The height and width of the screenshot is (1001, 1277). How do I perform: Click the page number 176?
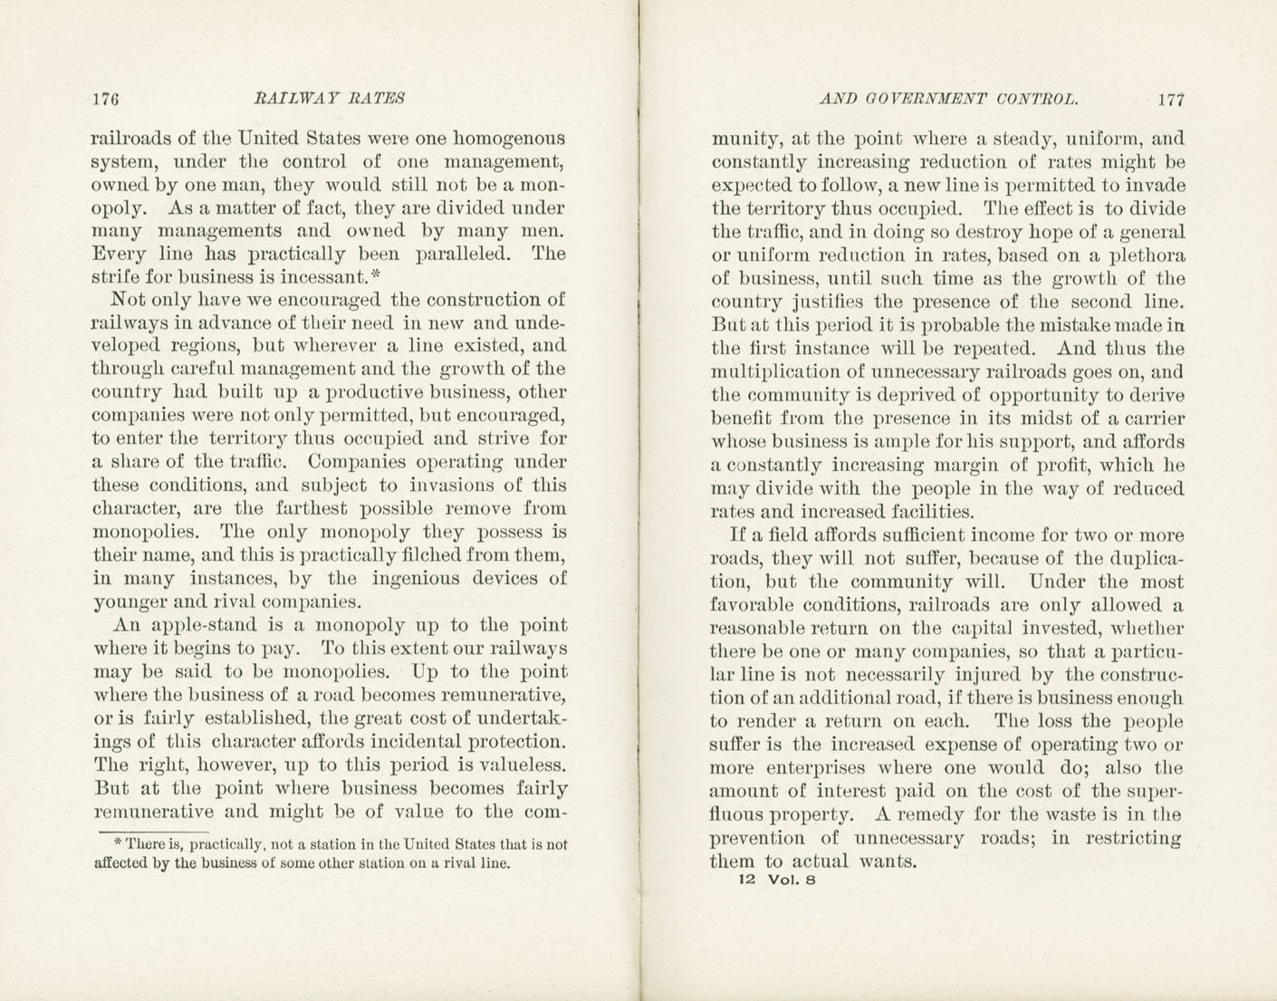click(106, 99)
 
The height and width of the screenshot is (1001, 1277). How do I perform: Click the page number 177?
click(1170, 100)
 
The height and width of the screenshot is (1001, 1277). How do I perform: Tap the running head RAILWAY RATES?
click(329, 98)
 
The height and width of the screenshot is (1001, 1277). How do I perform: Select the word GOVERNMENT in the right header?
click(915, 99)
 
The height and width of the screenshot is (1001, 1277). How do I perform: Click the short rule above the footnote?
click(154, 831)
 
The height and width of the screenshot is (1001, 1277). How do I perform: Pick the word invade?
click(1156, 186)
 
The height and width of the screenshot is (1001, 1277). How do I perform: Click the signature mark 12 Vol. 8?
click(777, 879)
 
